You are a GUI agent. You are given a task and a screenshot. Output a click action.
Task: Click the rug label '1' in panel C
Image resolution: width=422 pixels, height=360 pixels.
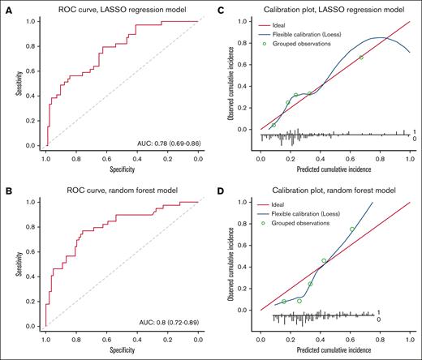point(414,131)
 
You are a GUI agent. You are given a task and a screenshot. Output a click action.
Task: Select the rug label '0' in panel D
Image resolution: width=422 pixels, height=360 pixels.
point(414,319)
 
